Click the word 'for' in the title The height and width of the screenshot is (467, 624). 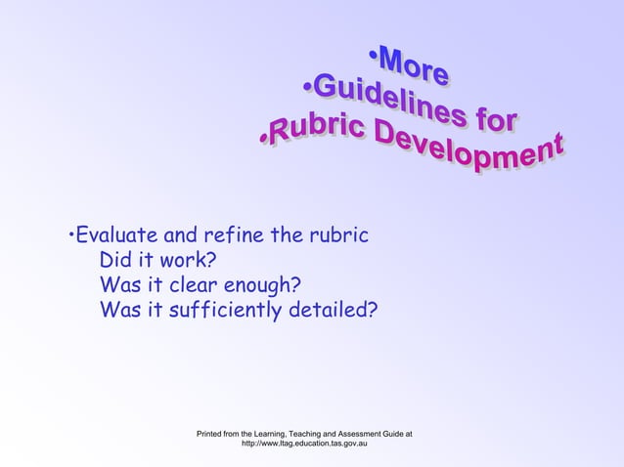pyautogui.click(x=491, y=123)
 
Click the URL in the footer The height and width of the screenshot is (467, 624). pyautogui.click(x=304, y=444)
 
